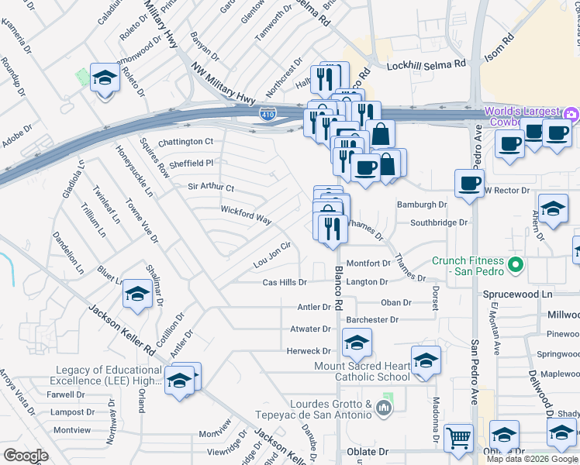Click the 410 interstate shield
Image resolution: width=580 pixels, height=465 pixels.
[x=267, y=115]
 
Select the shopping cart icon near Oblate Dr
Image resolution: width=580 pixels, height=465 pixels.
[x=458, y=438]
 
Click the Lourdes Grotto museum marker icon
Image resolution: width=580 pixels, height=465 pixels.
[x=383, y=407]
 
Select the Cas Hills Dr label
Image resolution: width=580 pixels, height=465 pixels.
[x=285, y=283]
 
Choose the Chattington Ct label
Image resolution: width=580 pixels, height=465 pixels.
[x=185, y=142]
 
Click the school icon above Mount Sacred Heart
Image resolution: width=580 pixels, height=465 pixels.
[x=357, y=342]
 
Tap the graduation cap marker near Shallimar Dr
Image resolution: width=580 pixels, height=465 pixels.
[x=137, y=293]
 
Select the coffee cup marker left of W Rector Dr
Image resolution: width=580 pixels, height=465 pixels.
[x=469, y=184]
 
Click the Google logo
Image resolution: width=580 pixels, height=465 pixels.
[x=26, y=456]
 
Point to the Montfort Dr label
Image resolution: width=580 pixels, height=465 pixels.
[x=367, y=263]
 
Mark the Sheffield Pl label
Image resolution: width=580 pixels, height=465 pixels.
[x=191, y=164]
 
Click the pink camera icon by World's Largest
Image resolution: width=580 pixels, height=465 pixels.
[x=571, y=115]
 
